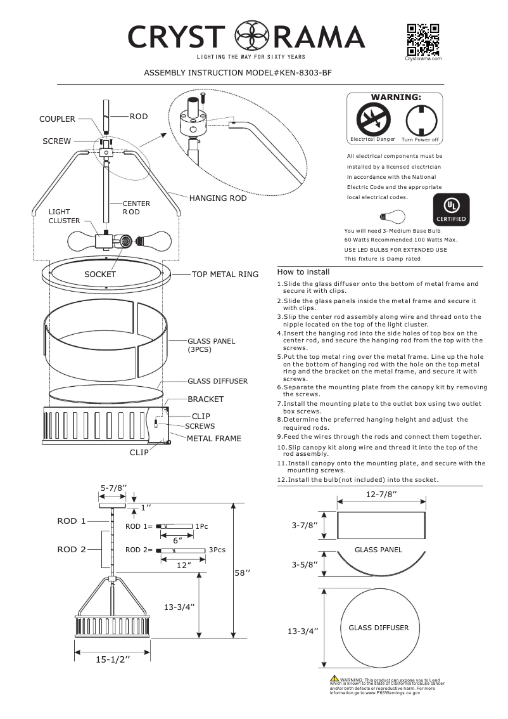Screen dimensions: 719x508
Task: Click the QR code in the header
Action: (x=423, y=39)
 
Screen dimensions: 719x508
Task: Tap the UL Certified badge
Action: (x=450, y=209)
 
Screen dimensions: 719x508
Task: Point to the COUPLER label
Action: (x=57, y=119)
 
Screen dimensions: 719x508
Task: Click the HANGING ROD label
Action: (x=217, y=198)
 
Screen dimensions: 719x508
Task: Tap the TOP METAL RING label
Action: (x=225, y=275)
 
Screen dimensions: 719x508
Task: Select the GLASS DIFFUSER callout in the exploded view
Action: (x=217, y=381)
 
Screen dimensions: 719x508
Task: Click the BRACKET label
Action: (x=205, y=399)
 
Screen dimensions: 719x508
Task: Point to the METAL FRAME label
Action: (x=213, y=438)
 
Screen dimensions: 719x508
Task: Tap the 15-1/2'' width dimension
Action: (x=113, y=660)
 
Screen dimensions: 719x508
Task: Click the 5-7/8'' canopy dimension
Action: (x=113, y=487)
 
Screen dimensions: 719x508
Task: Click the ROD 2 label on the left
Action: (x=72, y=549)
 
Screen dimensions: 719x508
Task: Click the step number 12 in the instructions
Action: (x=282, y=480)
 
